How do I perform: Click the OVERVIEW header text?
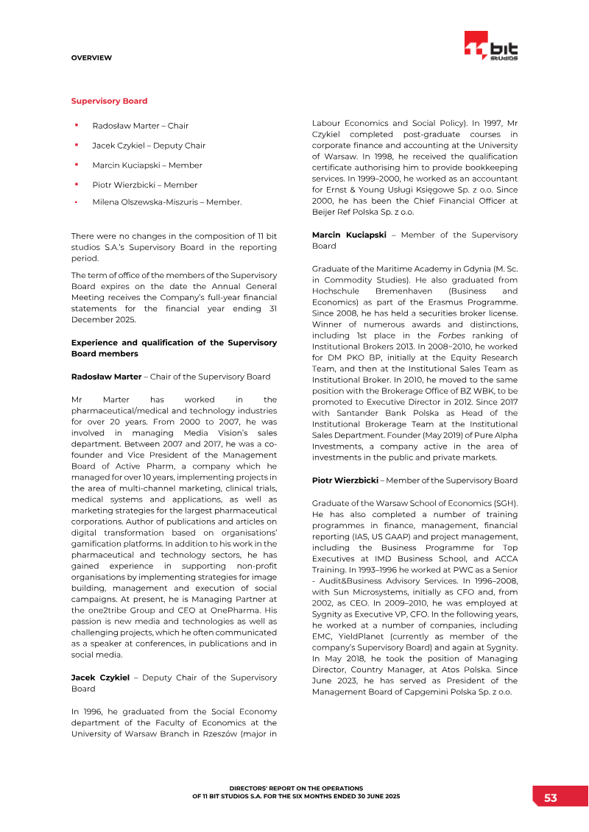[91, 57]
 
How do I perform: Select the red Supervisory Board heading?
[109, 101]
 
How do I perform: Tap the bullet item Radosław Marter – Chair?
[140, 126]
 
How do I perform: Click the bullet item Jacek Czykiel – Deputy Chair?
[149, 146]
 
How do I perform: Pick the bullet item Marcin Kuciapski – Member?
[147, 166]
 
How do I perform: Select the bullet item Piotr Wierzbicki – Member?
[144, 185]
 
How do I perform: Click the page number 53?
[550, 798]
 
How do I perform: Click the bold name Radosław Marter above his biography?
[106, 377]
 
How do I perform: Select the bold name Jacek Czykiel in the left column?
[100, 677]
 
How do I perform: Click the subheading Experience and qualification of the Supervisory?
[174, 342]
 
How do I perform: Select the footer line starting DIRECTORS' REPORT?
[296, 788]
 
